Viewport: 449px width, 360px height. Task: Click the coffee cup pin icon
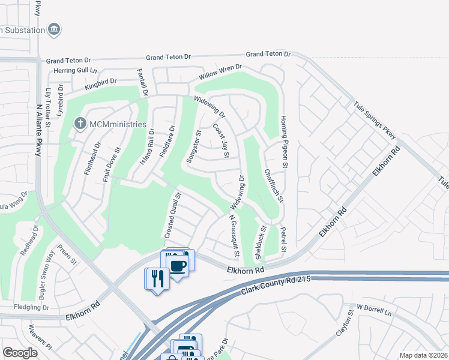pos(178,266)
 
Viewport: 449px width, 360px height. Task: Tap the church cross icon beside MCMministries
pos(80,124)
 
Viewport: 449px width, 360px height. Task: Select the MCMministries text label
pos(118,124)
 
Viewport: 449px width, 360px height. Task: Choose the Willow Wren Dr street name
pos(220,73)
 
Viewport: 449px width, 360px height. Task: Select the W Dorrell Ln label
pos(374,311)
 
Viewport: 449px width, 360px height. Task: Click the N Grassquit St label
pos(234,237)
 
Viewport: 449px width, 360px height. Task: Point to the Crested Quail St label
pos(173,214)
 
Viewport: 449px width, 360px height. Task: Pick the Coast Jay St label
pos(221,141)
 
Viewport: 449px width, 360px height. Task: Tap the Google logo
pos(20,353)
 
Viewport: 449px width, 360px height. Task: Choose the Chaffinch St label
pos(273,185)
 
